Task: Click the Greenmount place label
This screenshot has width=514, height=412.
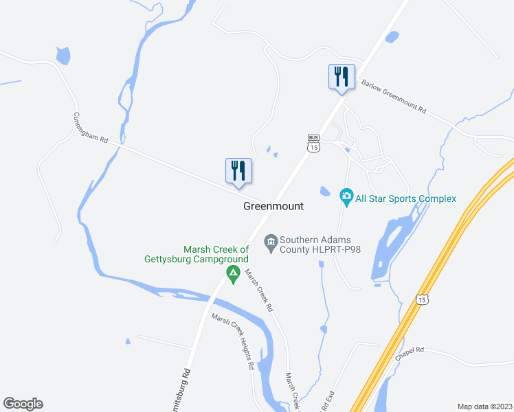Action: tap(273, 206)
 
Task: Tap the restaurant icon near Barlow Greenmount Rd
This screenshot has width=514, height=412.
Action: tap(342, 77)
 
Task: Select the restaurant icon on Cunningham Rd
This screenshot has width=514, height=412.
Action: tap(238, 171)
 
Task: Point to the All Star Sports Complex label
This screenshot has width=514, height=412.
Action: tap(405, 199)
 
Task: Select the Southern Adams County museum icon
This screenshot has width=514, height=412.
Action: tap(270, 241)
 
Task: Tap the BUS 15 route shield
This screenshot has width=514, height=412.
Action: tap(313, 143)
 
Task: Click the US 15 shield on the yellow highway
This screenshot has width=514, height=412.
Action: tap(422, 299)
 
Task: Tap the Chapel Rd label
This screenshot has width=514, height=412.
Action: tap(410, 354)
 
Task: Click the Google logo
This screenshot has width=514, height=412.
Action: tap(23, 404)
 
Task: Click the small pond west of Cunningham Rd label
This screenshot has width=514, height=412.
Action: tap(63, 55)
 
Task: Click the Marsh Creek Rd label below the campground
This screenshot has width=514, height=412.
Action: tap(260, 289)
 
